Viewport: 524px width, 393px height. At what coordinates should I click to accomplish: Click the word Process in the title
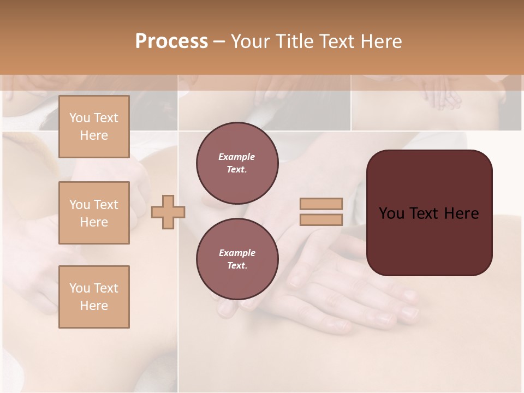171,41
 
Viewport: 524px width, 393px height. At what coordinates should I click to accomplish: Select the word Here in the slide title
381,41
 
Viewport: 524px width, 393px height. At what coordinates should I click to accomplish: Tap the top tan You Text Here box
94,127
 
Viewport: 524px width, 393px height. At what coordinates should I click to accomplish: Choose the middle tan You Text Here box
94,213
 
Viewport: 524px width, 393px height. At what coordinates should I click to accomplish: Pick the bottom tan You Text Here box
94,297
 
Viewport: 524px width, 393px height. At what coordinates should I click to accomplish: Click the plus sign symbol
168,212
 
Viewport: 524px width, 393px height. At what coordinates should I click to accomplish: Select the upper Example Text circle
237,163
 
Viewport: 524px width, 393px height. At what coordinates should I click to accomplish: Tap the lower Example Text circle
237,259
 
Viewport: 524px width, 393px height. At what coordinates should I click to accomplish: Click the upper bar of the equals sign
321,204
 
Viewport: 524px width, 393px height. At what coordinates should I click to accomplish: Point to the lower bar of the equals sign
321,220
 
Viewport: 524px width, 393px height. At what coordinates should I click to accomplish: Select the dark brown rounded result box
429,240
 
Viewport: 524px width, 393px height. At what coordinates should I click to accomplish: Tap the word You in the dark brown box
391,213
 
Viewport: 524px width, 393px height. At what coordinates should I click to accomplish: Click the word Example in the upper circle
237,157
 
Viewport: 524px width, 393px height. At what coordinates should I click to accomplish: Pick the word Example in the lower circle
237,253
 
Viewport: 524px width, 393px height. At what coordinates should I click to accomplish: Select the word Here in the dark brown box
461,213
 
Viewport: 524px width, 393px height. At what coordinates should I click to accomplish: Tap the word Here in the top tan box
94,135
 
